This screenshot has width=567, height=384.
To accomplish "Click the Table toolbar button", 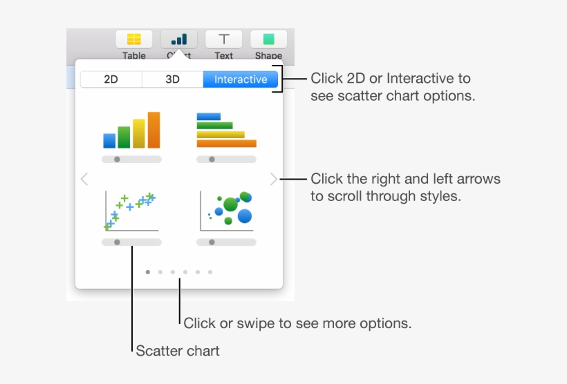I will tap(134, 39).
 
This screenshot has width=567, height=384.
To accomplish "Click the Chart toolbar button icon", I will tap(178, 39).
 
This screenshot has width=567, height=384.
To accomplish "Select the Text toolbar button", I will tap(223, 39).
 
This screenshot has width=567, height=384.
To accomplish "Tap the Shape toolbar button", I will tap(268, 39).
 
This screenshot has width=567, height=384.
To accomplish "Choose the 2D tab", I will tap(111, 79).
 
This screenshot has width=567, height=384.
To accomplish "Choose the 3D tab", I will tap(172, 79).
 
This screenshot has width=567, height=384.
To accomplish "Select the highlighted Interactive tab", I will tap(241, 79).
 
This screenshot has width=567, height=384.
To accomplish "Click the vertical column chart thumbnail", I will tap(131, 131).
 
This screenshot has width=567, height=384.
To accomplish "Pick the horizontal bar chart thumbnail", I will tap(226, 130).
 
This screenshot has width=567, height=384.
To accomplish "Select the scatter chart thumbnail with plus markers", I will tap(131, 211).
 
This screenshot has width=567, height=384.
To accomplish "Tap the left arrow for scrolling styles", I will tap(84, 180).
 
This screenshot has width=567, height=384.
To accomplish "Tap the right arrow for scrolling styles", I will tap(274, 180).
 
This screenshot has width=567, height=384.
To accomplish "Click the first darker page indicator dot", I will tap(148, 272).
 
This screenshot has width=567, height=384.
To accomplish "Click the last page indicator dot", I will tap(210, 272).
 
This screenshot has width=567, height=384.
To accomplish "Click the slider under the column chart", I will tap(131, 160).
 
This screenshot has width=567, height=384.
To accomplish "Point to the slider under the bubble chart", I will tap(226, 242).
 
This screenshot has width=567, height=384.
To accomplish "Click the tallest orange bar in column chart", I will tap(154, 131).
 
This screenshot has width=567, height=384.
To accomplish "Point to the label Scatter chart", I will tap(178, 351).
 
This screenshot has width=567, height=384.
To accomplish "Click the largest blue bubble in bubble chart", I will tap(244, 217).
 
